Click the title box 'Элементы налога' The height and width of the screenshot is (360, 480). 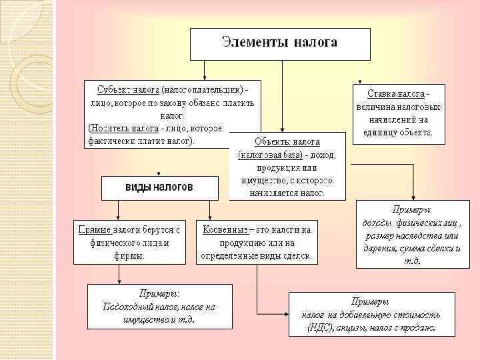[279, 43]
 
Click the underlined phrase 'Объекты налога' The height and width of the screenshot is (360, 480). [287, 142]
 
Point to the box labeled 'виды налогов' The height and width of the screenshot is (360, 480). [159, 187]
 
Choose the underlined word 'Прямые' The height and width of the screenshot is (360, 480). [94, 229]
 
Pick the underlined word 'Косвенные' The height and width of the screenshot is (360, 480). [225, 229]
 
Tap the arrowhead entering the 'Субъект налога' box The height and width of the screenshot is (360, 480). [205, 77]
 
